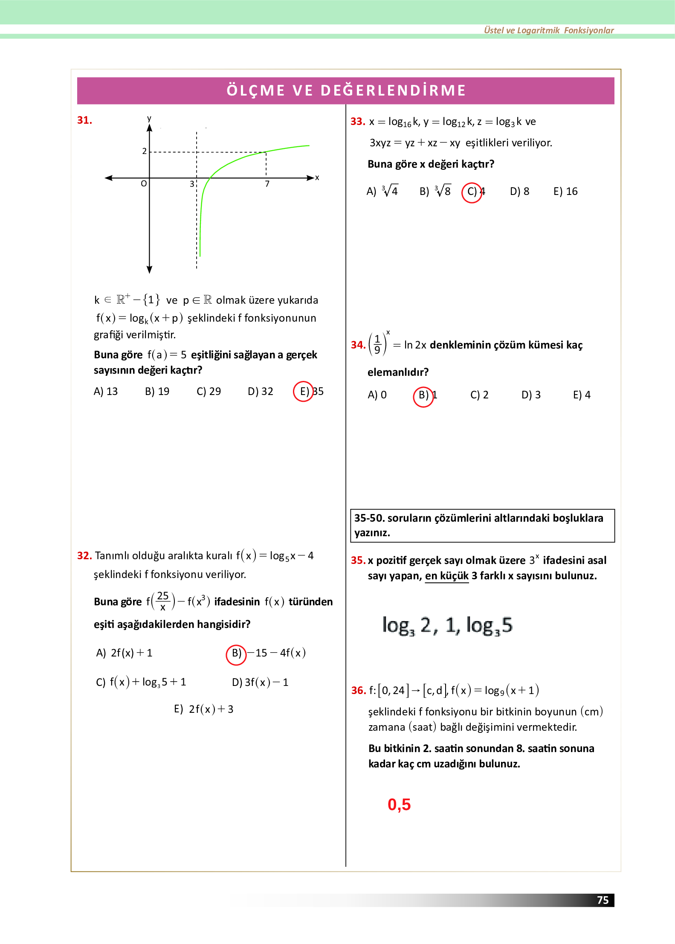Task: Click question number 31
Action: pos(84,120)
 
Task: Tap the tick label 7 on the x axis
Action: pos(267,184)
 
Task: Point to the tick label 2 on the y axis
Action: pos(144,151)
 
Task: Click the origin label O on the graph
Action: pos(144,183)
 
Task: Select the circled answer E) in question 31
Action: pos(304,391)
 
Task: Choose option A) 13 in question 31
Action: pos(105,391)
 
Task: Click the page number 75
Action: pos(603,900)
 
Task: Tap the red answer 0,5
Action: pos(399,805)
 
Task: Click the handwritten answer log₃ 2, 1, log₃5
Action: pos(447,625)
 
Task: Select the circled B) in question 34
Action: pos(423,395)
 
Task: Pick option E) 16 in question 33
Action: pos(565,192)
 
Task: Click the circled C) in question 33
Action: pos(472,192)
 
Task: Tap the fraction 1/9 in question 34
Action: pos(377,345)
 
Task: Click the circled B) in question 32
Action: pos(236,654)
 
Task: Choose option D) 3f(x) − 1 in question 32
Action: pos(260,683)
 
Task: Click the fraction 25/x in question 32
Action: pos(162,601)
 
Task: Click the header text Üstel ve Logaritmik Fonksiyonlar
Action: pos(548,30)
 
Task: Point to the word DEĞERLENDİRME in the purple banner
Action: pos(393,90)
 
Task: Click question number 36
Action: pos(358,690)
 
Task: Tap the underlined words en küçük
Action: pos(446,576)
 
